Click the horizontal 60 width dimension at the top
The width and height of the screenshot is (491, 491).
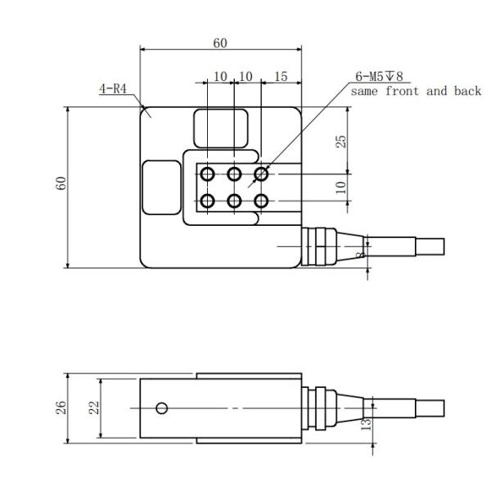[x=221, y=43]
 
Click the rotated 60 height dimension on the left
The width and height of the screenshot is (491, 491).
[x=59, y=183]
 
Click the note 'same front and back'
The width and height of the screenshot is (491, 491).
[x=417, y=91]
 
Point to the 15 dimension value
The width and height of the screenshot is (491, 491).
[x=281, y=76]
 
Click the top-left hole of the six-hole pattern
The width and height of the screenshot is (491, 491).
[x=208, y=173]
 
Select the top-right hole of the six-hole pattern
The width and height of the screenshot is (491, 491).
[x=261, y=173]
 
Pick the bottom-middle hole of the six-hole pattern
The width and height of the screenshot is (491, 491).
[x=234, y=200]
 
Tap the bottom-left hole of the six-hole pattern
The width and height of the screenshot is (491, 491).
[x=208, y=200]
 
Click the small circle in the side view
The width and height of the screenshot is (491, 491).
[x=162, y=408]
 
